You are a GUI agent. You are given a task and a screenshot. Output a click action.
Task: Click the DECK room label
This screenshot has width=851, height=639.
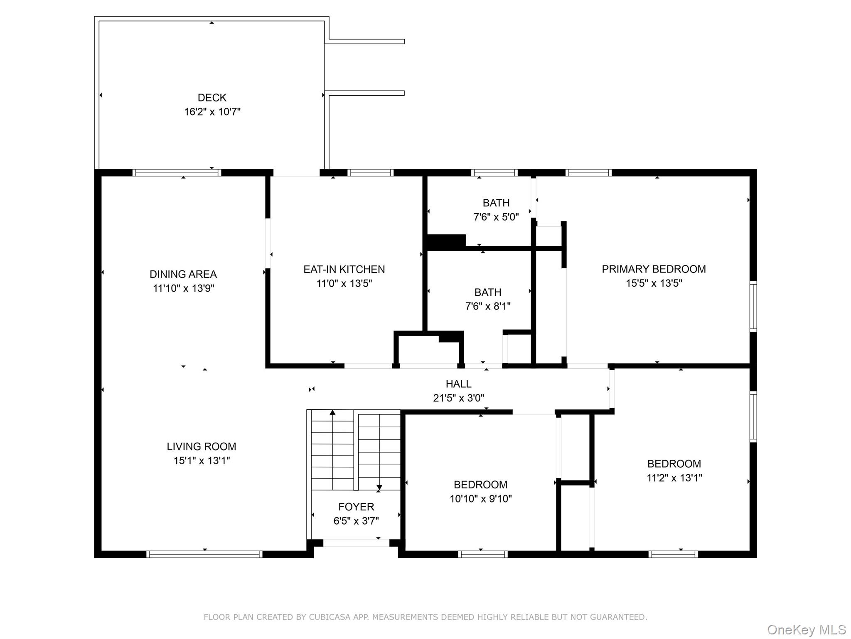[212, 98]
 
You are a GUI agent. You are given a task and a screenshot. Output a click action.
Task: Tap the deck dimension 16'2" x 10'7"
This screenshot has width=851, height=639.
[212, 112]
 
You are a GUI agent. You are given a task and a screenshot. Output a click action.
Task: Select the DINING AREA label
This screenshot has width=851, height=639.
[183, 274]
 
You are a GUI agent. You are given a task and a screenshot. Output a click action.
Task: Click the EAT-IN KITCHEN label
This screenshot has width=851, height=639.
[344, 269]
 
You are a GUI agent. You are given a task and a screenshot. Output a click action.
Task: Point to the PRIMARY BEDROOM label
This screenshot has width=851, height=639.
[654, 269]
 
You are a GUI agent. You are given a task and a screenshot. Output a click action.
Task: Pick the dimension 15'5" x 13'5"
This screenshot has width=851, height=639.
[654, 283]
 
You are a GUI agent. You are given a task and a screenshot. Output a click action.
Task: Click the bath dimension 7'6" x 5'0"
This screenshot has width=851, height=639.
[496, 217]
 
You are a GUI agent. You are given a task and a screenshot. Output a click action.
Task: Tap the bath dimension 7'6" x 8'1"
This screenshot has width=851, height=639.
[488, 306]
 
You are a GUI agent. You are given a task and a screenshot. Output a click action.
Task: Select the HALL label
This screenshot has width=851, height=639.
[459, 384]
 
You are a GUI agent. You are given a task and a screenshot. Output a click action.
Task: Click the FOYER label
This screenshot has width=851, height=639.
[356, 507]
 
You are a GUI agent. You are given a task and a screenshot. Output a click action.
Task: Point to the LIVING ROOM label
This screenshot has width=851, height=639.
[202, 446]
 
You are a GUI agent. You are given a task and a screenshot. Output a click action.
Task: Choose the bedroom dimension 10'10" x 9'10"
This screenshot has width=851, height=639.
[481, 498]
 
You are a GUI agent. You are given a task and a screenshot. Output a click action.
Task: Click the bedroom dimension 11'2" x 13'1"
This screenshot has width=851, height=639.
[674, 478]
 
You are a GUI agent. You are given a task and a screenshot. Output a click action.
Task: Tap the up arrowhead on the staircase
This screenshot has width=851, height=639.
[332, 412]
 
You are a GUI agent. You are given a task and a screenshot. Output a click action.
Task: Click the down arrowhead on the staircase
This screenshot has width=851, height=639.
[379, 488]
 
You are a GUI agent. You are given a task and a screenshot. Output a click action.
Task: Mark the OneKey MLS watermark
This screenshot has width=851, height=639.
[807, 630]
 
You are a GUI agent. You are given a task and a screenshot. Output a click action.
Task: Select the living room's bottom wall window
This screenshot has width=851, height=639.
[204, 554]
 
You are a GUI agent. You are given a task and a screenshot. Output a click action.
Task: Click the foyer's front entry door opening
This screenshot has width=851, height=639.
[356, 543]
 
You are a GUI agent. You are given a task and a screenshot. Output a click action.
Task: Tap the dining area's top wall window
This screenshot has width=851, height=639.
[177, 173]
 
